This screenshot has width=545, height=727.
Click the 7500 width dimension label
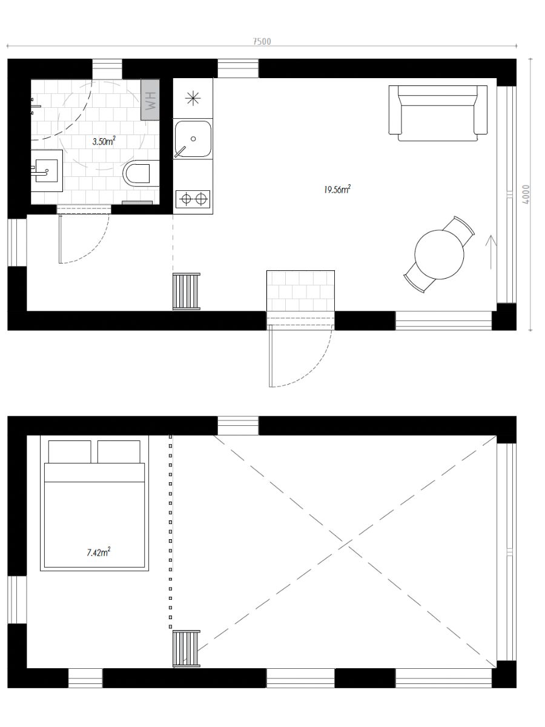(x=262, y=41)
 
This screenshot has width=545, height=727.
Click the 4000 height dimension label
(x=526, y=194)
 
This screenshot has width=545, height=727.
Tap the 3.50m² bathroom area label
(x=104, y=141)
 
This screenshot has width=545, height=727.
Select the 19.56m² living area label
(x=337, y=190)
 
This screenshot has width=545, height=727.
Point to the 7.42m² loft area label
(x=99, y=552)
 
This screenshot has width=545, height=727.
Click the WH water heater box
(x=150, y=100)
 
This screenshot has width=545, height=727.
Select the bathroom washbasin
(x=47, y=171)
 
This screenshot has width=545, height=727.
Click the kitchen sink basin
(x=193, y=139)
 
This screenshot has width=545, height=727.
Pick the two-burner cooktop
(x=193, y=199)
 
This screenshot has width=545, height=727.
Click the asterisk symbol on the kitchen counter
(x=193, y=98)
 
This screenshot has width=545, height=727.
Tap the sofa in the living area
(x=438, y=113)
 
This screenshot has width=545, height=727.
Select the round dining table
(x=439, y=254)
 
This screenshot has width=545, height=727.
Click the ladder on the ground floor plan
(x=187, y=291)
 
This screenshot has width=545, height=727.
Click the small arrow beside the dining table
(x=490, y=252)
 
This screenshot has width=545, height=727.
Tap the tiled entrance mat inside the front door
(x=300, y=291)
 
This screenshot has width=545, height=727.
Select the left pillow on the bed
(x=70, y=452)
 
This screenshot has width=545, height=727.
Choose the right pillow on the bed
(x=119, y=452)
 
